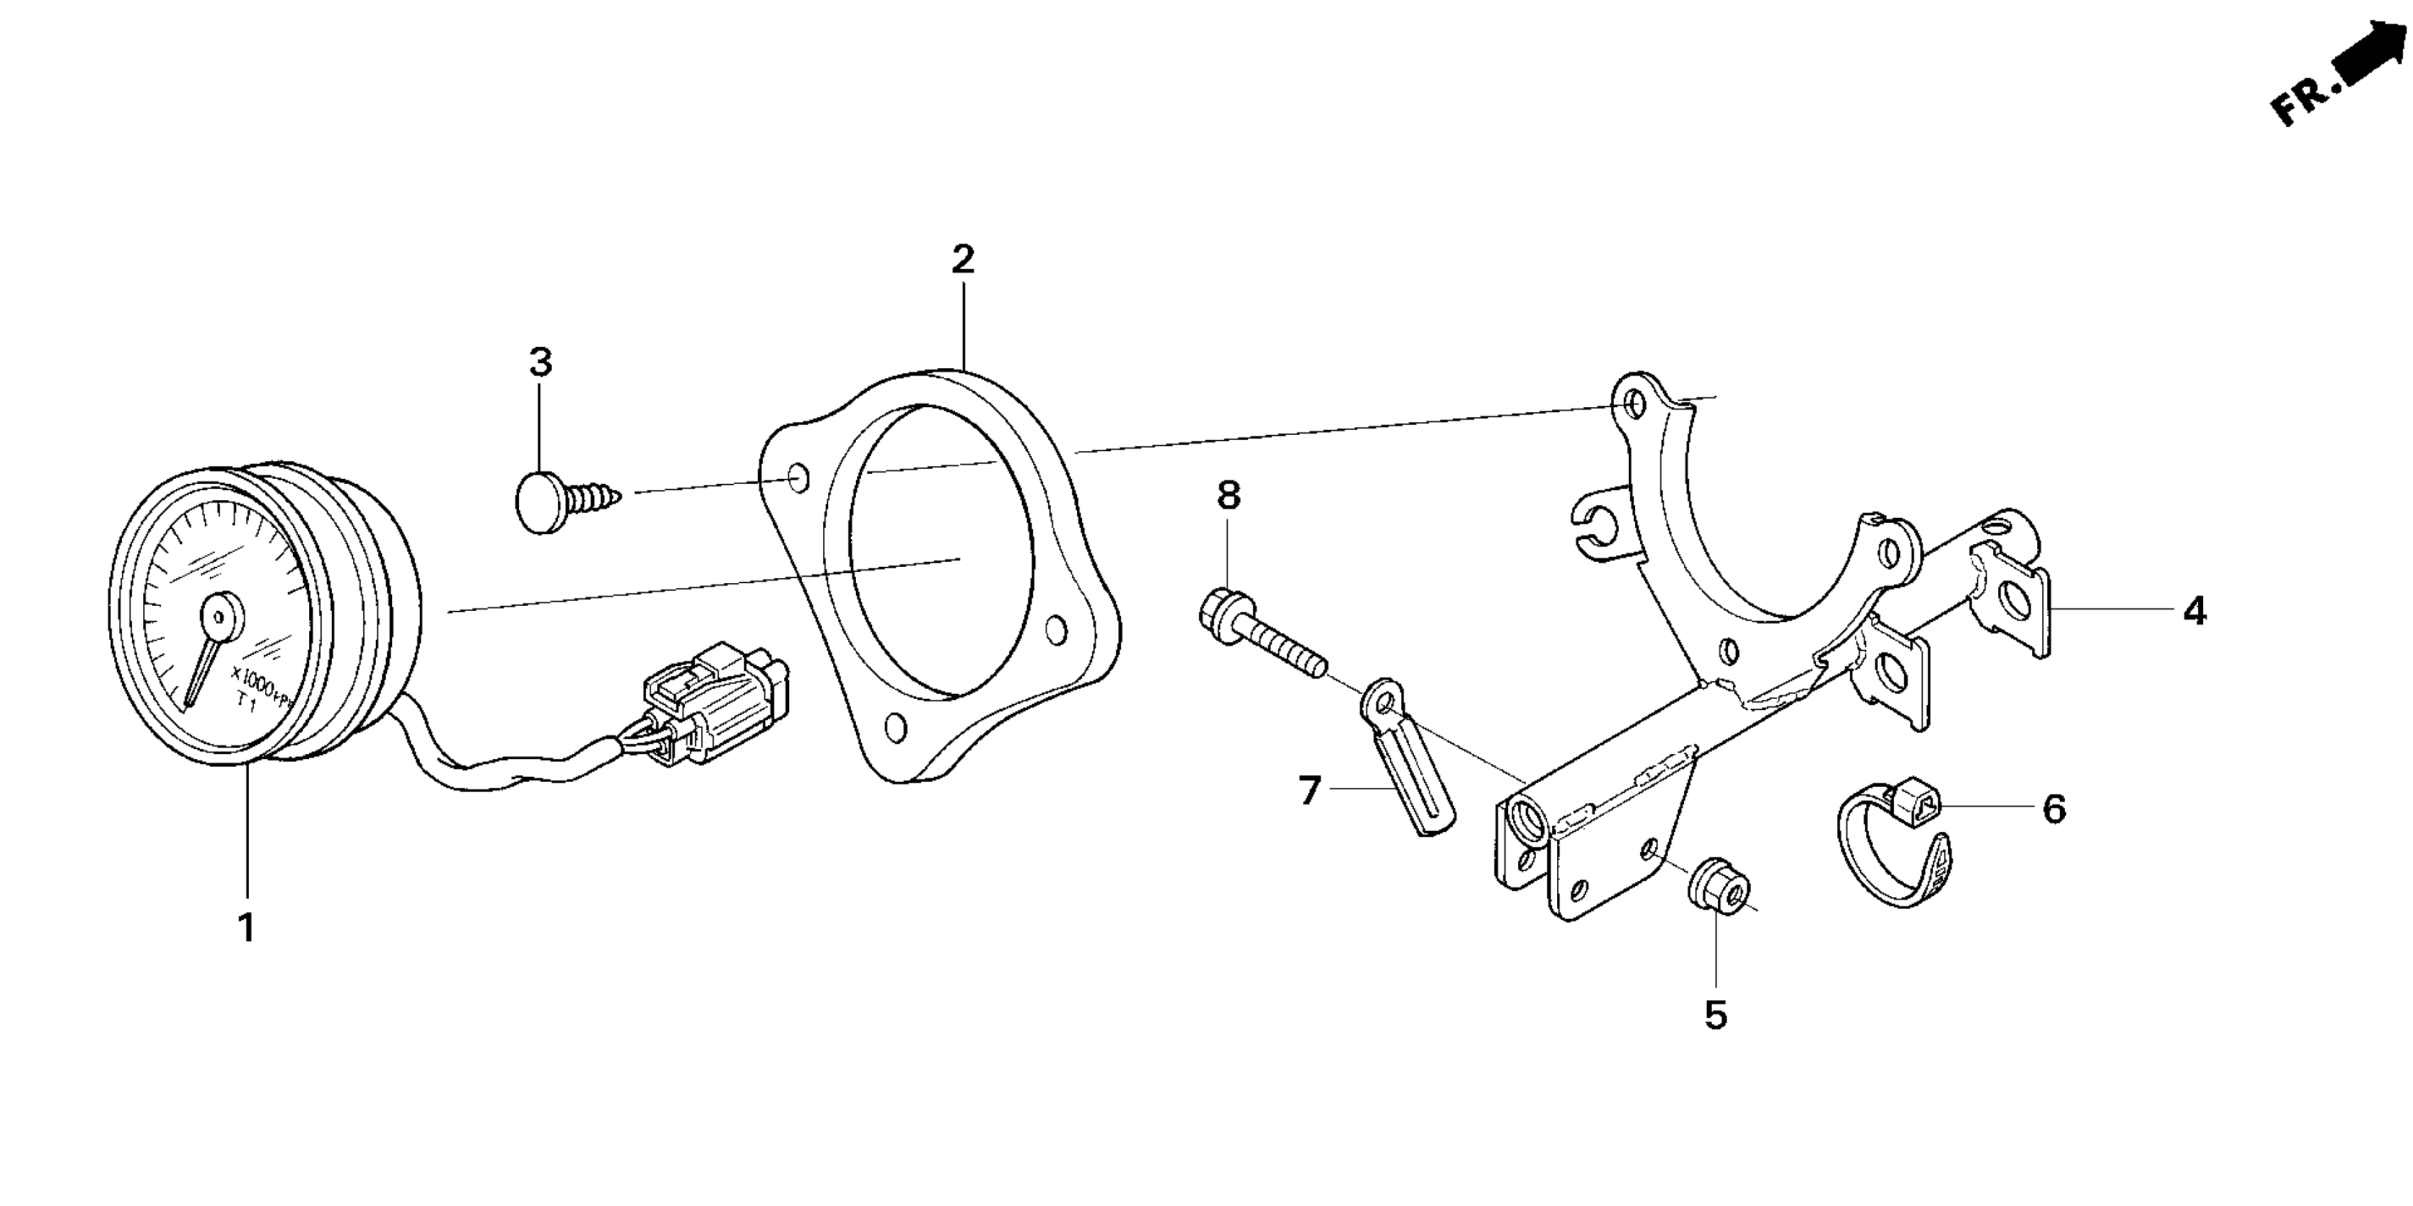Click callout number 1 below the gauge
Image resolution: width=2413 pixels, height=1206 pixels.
(x=246, y=928)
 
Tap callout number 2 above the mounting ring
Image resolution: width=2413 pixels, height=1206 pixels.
(x=963, y=260)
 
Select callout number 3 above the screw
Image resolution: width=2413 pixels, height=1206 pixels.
(x=540, y=362)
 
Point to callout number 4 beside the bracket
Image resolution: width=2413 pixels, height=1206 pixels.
(x=2195, y=612)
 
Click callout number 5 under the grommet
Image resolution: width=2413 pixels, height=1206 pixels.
(x=1715, y=1015)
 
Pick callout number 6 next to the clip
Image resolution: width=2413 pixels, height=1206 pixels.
(x=2053, y=809)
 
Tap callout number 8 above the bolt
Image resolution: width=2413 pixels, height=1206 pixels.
(x=1228, y=496)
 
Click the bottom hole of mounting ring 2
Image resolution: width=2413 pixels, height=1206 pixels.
(x=895, y=727)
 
